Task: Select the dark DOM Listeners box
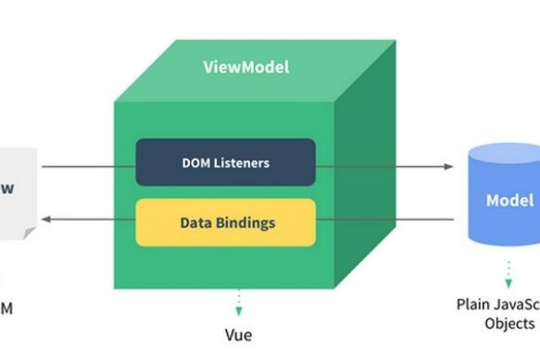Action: [225, 163]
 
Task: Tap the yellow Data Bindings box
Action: [225, 222]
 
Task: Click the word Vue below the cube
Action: [238, 336]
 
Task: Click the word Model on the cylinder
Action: [510, 201]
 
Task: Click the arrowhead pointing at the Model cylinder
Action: [449, 166]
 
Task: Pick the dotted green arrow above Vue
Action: [238, 303]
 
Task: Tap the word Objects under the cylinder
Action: [509, 324]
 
